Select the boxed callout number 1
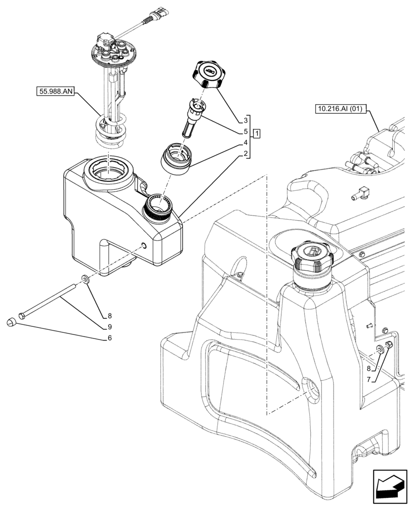[x=257, y=134]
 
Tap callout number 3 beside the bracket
[x=246, y=120]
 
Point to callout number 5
[x=246, y=132]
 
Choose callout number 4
[x=246, y=143]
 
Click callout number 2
[x=246, y=154]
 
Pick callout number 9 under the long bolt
[x=109, y=327]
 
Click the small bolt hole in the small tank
[x=143, y=246]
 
